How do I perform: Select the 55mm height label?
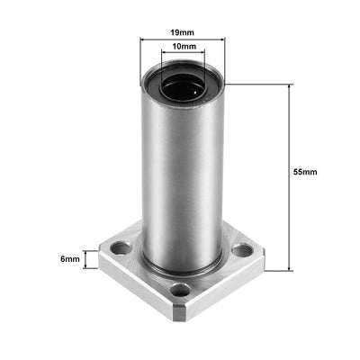(305, 171)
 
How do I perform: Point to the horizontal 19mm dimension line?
(182, 40)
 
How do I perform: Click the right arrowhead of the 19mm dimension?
(220, 40)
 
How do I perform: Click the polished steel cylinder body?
(180, 180)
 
